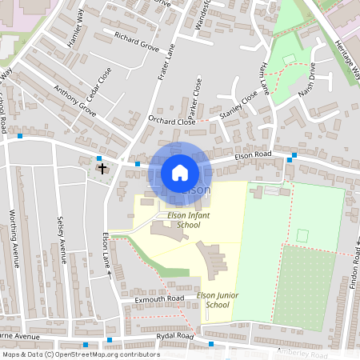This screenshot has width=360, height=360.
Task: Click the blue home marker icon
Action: (x=180, y=173)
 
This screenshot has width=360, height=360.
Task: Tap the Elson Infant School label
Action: (x=183, y=220)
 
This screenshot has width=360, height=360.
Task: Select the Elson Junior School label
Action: (x=218, y=300)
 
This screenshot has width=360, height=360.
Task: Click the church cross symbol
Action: (x=102, y=167)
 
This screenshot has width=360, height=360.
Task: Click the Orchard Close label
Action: (x=172, y=122)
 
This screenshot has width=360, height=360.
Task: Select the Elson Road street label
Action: (x=254, y=158)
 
